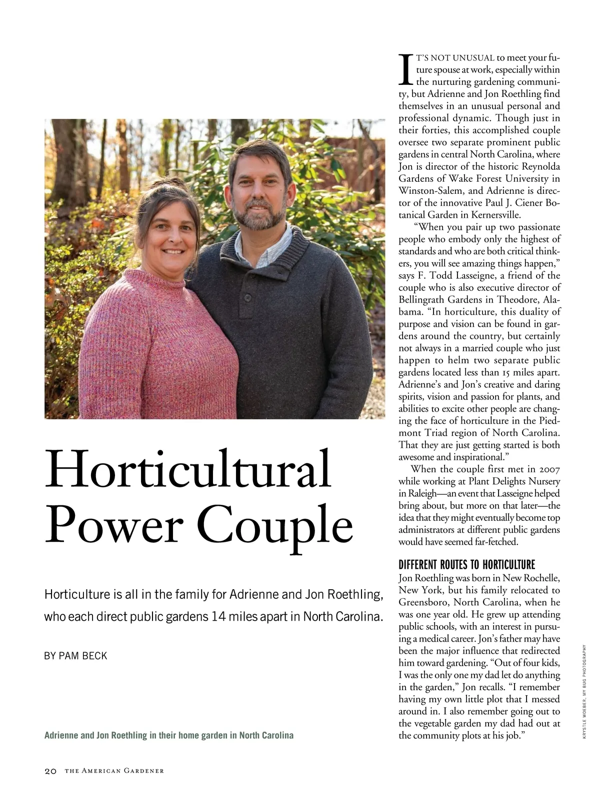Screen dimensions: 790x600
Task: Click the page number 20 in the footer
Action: point(50,771)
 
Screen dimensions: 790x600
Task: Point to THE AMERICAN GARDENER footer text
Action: point(114,771)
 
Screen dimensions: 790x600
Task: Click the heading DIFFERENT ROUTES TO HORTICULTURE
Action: point(466,565)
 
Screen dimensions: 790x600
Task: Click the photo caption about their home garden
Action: point(169,736)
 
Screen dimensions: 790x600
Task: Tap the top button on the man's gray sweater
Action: point(247,297)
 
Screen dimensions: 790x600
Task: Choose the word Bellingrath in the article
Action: point(423,300)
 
